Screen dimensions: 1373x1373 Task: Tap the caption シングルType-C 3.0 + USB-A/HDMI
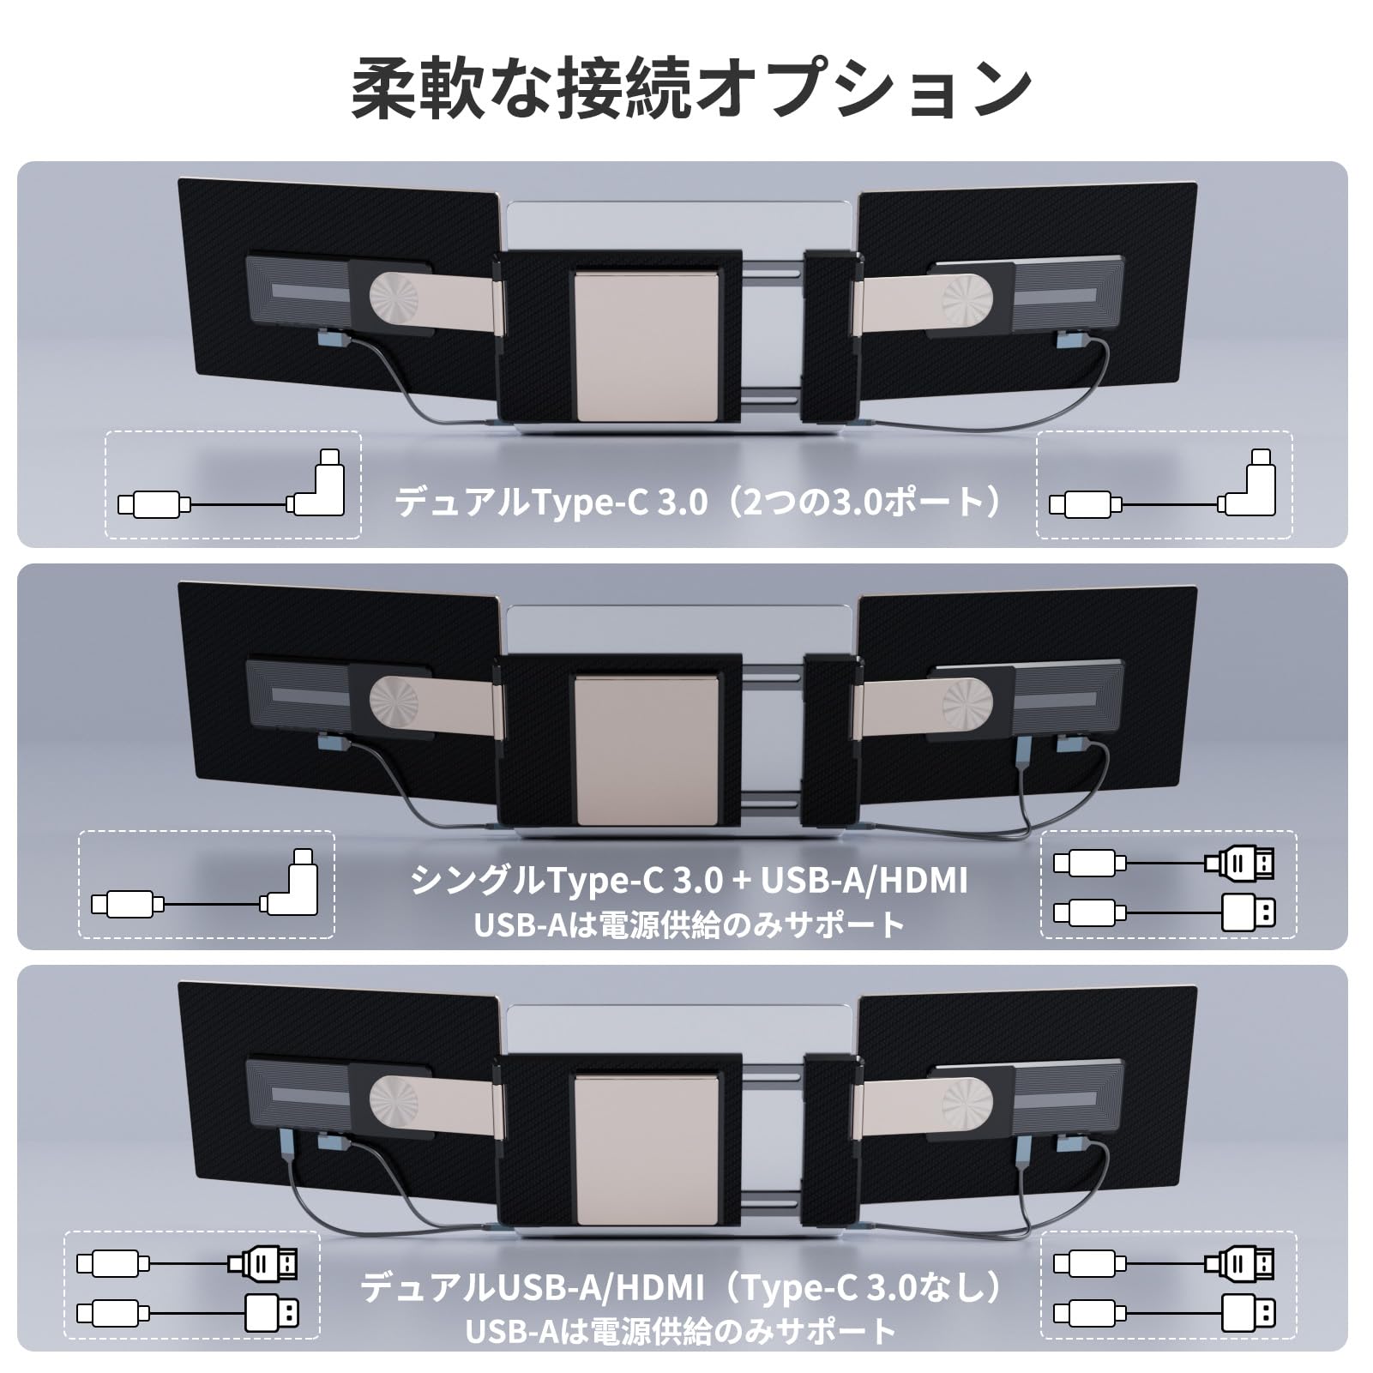pyautogui.click(x=689, y=881)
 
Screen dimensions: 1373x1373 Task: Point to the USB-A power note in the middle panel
pyautogui.click(x=689, y=924)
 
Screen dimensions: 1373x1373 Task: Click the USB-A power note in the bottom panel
pyautogui.click(x=682, y=1330)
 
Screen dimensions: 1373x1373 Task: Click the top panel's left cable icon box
pyautogui.click(x=232, y=485)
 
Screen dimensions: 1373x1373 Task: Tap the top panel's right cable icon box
pyautogui.click(x=1165, y=485)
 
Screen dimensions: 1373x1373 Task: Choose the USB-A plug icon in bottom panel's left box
pyautogui.click(x=272, y=1313)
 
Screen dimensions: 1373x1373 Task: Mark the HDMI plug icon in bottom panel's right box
pyautogui.click(x=1241, y=1263)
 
